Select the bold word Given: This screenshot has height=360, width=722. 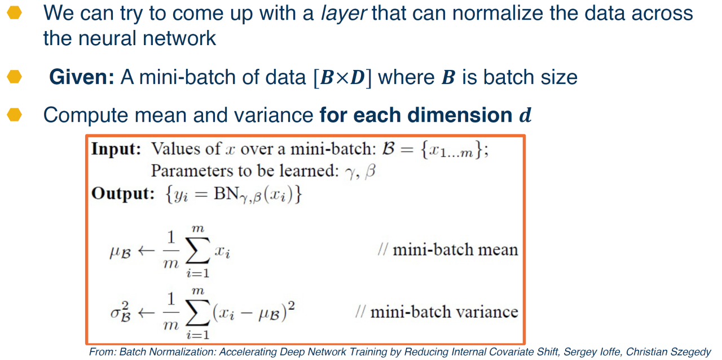click(x=82, y=77)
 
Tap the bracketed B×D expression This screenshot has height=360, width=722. click(x=342, y=77)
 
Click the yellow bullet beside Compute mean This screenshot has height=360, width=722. click(x=14, y=115)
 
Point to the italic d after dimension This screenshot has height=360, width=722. click(x=525, y=115)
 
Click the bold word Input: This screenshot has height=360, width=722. click(x=116, y=149)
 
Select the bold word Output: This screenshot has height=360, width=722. click(x=123, y=194)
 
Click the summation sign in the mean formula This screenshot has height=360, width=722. click(x=197, y=251)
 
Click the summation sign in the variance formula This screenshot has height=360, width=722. click(x=197, y=312)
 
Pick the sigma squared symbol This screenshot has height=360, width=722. click(x=121, y=311)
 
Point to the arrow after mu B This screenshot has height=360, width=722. click(x=146, y=251)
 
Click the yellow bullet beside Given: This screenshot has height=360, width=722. click(x=14, y=77)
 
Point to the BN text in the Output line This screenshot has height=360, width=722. click(x=226, y=194)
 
